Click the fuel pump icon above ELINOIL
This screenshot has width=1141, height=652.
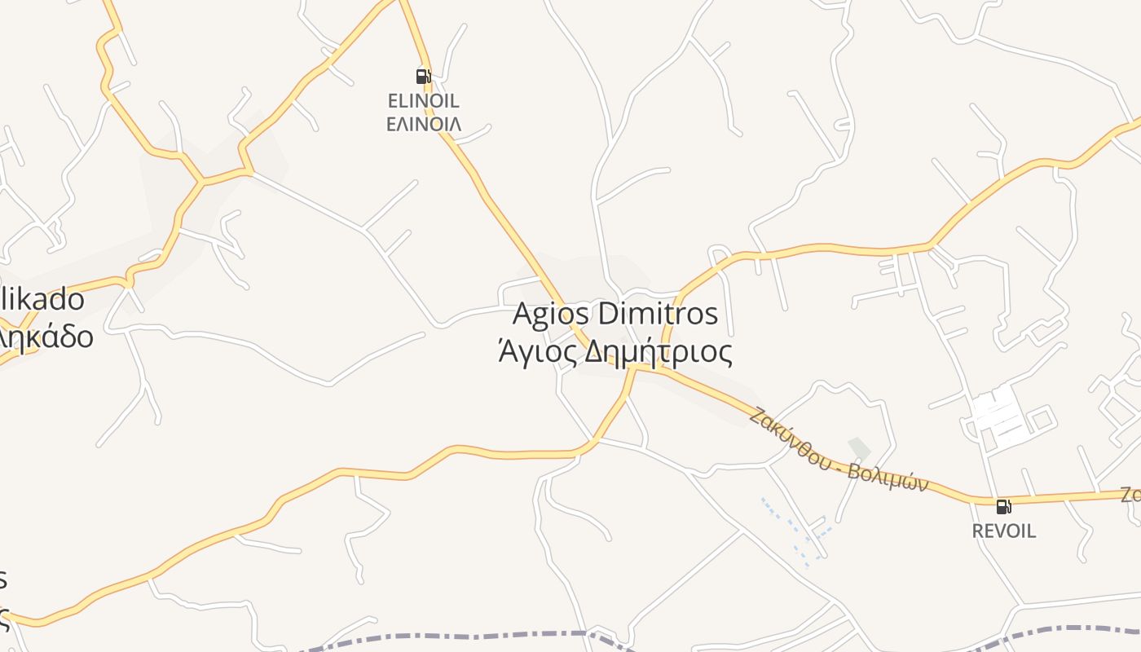(423, 77)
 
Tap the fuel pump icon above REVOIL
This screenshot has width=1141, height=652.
(1004, 506)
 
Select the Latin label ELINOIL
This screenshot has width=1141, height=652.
(423, 101)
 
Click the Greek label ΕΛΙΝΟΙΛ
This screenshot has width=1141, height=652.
(423, 124)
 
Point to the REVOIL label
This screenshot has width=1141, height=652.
(1004, 531)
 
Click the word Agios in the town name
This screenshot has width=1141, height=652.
(552, 314)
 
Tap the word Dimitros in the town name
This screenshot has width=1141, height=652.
(658, 314)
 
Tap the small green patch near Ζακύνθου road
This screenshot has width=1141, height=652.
(859, 447)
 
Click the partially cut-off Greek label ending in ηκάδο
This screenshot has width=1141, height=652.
(45, 336)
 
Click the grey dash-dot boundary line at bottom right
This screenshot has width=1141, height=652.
(1059, 629)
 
